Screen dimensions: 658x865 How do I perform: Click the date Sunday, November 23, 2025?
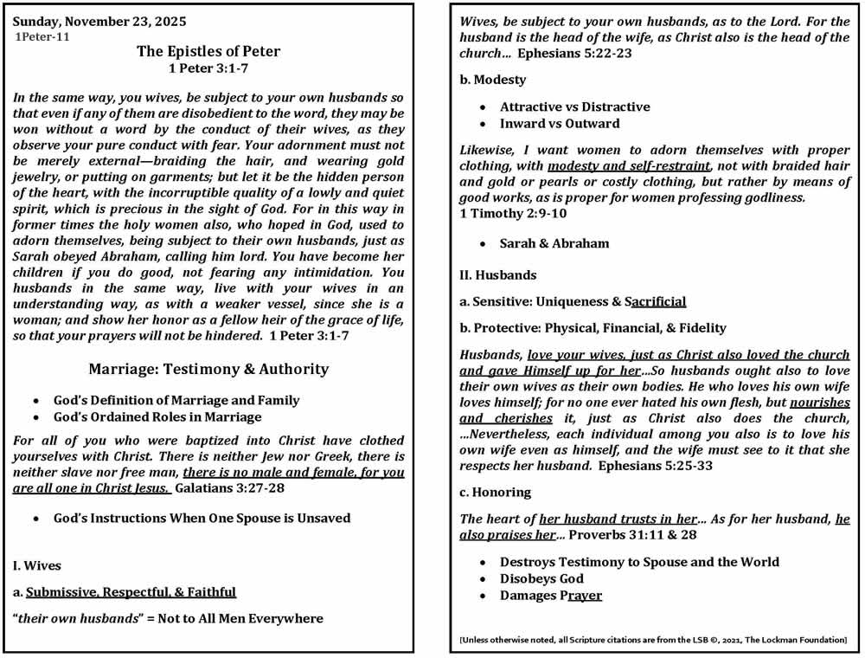99,21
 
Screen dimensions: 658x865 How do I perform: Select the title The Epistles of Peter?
208,52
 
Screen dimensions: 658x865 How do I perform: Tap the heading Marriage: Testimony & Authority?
208,369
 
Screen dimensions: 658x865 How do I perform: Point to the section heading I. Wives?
37,565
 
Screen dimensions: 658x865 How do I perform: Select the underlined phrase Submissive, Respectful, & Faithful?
131,591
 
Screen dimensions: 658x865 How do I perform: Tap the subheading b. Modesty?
492,80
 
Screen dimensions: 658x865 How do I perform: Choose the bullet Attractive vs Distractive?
574,106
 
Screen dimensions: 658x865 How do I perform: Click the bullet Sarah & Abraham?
554,243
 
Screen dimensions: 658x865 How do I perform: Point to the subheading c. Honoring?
495,493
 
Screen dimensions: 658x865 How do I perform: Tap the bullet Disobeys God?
541,578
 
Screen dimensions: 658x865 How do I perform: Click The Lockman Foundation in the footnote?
796,640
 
